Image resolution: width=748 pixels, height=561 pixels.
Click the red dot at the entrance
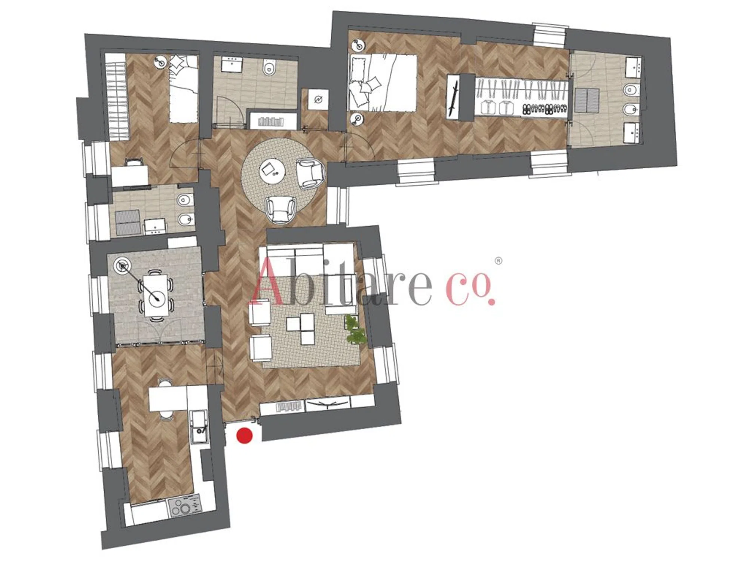[245, 436]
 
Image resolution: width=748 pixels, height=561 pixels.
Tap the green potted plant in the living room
[354, 329]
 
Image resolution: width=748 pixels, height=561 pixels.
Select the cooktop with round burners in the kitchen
[185, 506]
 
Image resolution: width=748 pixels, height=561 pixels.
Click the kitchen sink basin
[198, 426]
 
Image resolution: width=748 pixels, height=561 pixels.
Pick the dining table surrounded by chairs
[156, 295]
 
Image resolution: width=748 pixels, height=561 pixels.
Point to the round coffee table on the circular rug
[272, 172]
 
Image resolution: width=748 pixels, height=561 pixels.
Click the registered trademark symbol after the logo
[499, 261]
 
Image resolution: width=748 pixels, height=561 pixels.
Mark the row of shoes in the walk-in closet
[545, 109]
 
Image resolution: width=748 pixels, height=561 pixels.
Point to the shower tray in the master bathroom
[586, 100]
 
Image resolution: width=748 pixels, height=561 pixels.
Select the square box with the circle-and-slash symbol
[318, 99]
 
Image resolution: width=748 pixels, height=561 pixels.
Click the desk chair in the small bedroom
[134, 162]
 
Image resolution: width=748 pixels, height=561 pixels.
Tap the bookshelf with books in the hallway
[272, 121]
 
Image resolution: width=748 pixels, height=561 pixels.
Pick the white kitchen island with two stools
[168, 399]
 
